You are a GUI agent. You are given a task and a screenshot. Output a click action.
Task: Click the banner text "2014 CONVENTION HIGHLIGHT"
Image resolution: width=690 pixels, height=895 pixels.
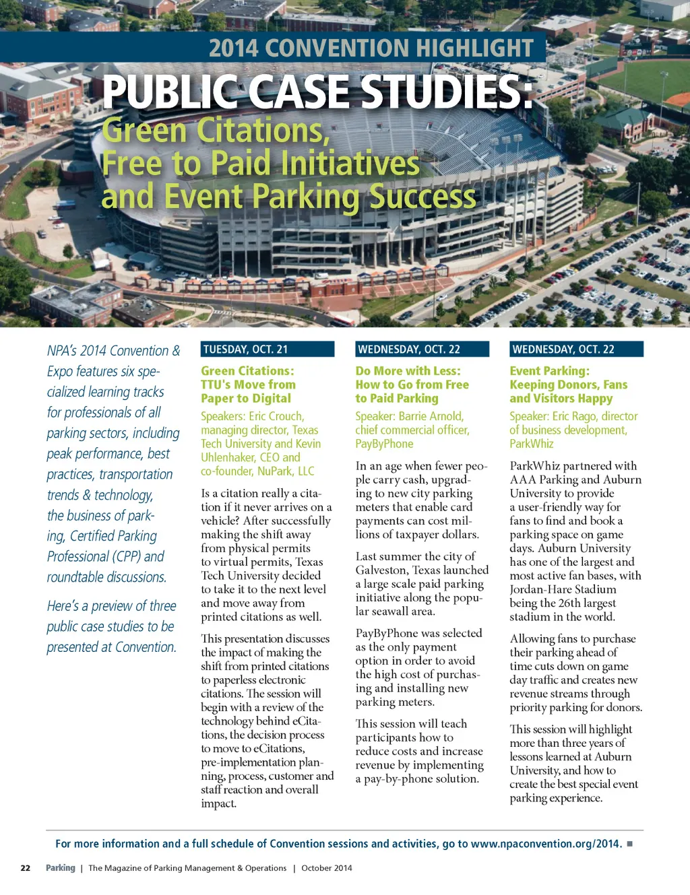(371, 48)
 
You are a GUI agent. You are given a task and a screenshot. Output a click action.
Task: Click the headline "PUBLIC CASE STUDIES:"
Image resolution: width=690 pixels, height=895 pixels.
(317, 92)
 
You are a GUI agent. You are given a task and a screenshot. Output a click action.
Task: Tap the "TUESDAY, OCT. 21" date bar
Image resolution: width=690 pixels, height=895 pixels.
(267, 349)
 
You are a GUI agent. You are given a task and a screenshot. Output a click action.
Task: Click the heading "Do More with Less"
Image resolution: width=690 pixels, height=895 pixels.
(408, 371)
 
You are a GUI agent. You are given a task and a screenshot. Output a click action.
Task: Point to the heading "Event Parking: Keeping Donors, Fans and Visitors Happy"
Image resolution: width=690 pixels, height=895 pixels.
(568, 385)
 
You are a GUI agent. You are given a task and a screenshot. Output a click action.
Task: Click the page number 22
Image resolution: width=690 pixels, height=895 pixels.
(26, 868)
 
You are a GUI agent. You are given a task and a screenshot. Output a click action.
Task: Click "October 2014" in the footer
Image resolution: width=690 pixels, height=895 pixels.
(327, 868)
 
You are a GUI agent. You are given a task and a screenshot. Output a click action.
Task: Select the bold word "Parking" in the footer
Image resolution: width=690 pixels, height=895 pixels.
(61, 868)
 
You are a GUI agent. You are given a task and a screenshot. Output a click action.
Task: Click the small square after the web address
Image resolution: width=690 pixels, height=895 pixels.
(630, 844)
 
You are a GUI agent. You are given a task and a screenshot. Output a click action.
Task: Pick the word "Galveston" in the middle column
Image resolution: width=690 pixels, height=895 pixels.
(382, 570)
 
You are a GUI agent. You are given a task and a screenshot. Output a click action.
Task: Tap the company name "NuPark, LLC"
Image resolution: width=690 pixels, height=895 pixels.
(286, 471)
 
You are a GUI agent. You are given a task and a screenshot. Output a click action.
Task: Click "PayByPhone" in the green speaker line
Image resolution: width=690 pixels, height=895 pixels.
(384, 444)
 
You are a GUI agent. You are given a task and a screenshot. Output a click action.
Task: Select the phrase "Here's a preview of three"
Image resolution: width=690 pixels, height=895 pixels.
(111, 606)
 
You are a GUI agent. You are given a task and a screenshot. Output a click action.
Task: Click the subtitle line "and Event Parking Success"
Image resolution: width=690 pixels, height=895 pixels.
(288, 197)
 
